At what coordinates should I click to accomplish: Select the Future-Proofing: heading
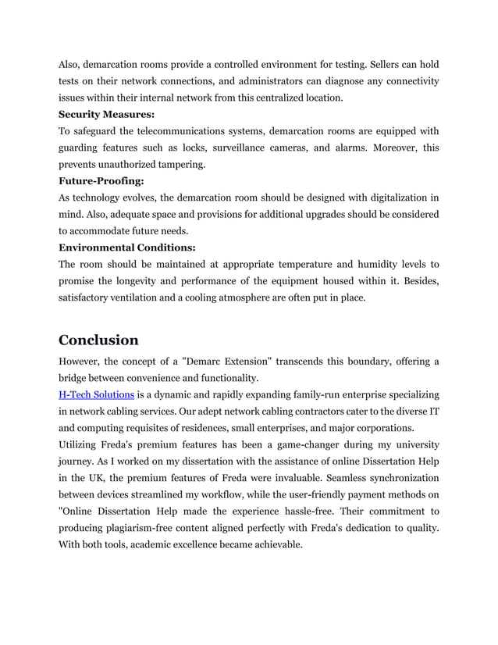pos(101,181)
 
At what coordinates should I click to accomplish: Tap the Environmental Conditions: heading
pos(126,248)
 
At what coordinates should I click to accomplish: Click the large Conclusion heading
pos(99,340)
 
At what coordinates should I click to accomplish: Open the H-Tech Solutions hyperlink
pos(96,394)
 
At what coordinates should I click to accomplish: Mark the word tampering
pos(181,164)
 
